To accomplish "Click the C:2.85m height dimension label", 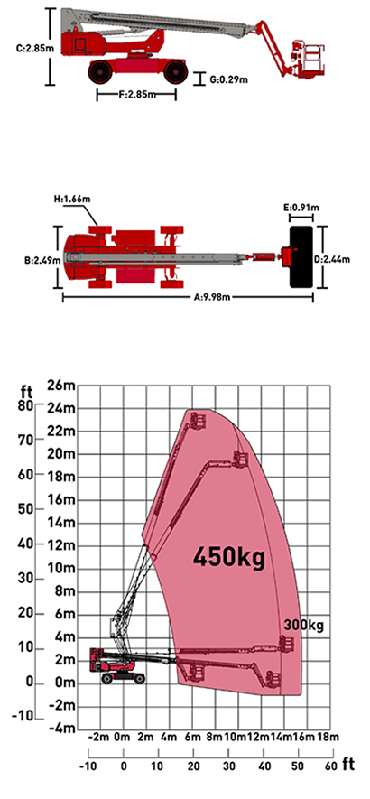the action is coord(31,49).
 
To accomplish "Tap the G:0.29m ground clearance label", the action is coord(229,79).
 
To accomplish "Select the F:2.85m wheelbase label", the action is coord(136,94).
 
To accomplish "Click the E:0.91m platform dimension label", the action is coord(301,207).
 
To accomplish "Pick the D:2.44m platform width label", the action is coord(332,259).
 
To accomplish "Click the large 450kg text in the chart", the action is coord(229,557).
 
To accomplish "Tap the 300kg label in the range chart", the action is coord(304,625).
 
